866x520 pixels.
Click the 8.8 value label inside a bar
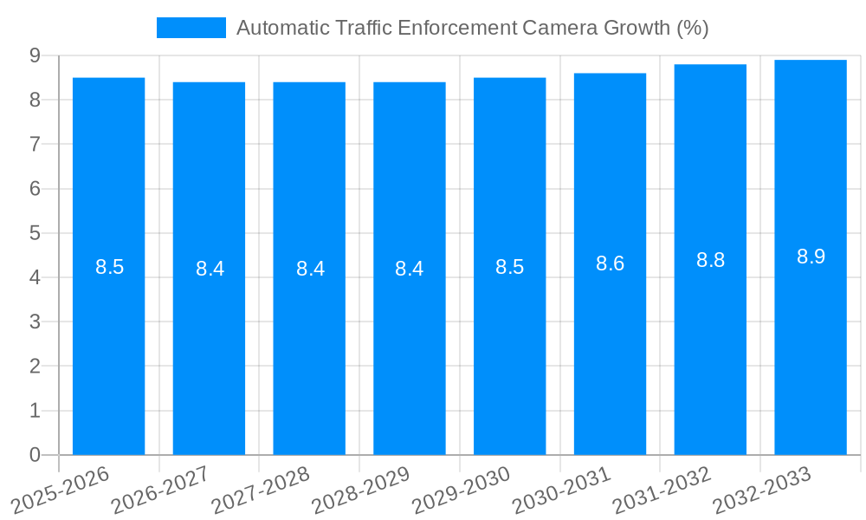(710, 260)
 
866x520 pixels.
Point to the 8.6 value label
(610, 263)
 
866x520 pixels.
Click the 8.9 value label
(811, 257)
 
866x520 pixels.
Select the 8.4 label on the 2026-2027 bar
(210, 269)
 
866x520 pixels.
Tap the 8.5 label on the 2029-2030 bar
(509, 267)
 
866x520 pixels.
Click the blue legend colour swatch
(191, 28)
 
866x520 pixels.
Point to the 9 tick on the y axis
(35, 55)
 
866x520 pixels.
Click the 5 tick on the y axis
(35, 233)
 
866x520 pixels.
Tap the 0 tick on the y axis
(35, 455)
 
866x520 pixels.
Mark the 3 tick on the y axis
(35, 322)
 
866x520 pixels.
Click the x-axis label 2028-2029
(362, 490)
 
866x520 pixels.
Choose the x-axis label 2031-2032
(662, 490)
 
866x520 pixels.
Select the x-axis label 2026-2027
(162, 490)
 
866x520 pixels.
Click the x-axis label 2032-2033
(762, 490)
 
